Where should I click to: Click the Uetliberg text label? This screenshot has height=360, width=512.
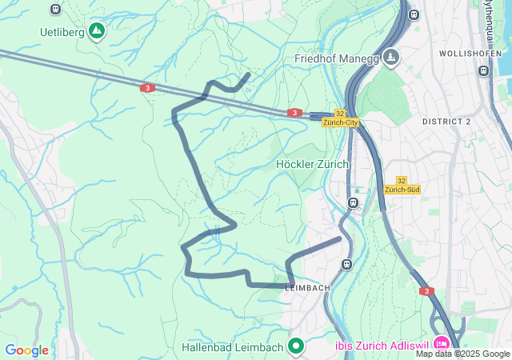click(x=62, y=32)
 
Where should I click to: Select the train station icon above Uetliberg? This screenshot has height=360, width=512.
click(x=54, y=10)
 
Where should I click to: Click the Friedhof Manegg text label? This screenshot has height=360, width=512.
click(x=336, y=58)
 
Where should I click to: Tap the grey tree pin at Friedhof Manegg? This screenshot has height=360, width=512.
click(x=390, y=56)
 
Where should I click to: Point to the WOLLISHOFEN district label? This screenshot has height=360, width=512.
click(x=470, y=53)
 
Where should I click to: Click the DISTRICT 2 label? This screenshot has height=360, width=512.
click(x=469, y=121)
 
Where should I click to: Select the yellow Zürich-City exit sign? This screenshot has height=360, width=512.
click(x=341, y=118)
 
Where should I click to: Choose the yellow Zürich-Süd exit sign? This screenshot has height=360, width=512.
click(x=402, y=186)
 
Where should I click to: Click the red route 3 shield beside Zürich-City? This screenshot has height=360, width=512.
click(x=295, y=114)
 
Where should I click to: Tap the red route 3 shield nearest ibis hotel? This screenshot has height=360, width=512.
click(x=427, y=291)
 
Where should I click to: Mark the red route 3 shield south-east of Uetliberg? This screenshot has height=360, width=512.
click(x=147, y=88)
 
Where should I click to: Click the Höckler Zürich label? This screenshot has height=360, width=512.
click(x=312, y=164)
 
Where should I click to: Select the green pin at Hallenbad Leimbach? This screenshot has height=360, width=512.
click(x=296, y=346)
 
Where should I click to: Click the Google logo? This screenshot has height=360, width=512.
click(x=26, y=350)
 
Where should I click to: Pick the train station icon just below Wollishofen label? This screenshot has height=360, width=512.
click(x=483, y=70)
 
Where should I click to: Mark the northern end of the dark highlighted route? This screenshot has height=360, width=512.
click(x=249, y=74)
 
